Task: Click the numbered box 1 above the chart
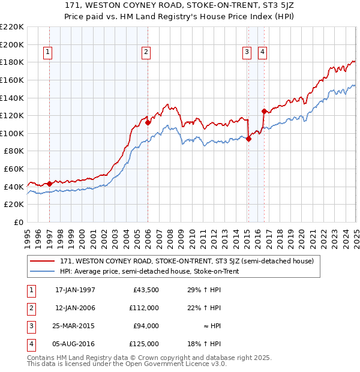pos(48,53)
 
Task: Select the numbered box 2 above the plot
pos(146,53)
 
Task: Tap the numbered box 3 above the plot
pos(247,53)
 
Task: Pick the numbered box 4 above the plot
pos(263,53)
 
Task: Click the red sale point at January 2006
pos(148,122)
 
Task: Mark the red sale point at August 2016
pos(264,111)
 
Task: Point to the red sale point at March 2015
pos(248,139)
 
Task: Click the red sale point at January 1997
pos(49,184)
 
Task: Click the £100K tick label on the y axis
pos(12,133)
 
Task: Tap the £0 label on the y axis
pos(18,222)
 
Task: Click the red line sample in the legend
pos(43,261)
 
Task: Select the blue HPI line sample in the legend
pos(43,271)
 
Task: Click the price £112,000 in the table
pos(144,308)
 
